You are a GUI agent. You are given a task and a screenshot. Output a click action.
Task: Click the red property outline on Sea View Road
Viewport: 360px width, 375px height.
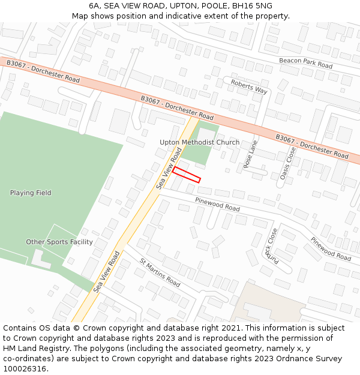click(187, 175)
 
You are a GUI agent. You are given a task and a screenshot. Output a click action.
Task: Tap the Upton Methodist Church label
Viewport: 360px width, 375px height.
click(199, 142)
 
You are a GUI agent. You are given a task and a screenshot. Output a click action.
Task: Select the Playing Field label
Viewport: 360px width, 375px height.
click(31, 193)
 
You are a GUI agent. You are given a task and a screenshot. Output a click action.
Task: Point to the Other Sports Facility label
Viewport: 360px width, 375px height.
click(59, 242)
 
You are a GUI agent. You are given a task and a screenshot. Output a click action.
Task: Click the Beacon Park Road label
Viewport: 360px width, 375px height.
click(305, 62)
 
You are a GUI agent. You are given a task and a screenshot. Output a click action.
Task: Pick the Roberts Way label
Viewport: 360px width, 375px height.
click(249, 86)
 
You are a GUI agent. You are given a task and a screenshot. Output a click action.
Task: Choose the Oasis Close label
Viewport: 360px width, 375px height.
click(288, 163)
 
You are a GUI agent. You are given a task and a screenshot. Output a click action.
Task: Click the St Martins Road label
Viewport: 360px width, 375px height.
click(160, 272)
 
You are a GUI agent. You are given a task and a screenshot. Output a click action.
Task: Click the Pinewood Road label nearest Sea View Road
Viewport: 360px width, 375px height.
click(217, 204)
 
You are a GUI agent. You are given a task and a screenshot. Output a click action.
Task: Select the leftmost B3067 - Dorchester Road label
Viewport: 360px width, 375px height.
click(43, 71)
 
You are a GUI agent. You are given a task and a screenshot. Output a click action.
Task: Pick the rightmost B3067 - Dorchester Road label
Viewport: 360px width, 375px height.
click(311, 146)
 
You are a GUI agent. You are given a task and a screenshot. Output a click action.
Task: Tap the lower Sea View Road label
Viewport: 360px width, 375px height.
click(107, 272)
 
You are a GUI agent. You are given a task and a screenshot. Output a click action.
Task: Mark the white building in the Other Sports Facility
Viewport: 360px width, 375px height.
click(40, 259)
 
